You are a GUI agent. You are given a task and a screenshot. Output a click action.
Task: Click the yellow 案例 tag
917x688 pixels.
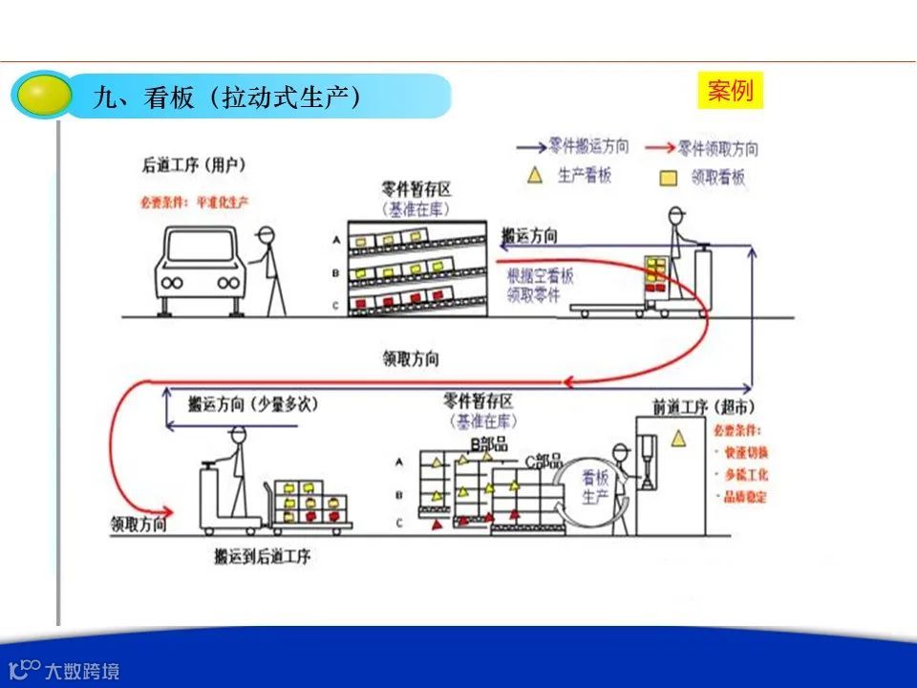coord(731,91)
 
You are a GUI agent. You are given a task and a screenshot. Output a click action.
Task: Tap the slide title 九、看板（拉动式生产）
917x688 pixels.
coord(226,97)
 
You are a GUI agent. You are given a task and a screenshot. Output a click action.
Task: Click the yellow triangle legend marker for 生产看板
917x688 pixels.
coord(536,175)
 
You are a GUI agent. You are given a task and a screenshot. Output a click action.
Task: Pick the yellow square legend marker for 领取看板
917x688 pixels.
coord(670,177)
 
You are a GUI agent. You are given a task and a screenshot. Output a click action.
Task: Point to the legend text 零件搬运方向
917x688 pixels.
coord(589,147)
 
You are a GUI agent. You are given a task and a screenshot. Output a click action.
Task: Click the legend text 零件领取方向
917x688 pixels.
coord(718,148)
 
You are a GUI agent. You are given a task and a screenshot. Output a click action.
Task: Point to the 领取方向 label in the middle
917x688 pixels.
coord(411,359)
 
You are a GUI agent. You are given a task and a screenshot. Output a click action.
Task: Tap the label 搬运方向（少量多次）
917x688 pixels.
coord(253,404)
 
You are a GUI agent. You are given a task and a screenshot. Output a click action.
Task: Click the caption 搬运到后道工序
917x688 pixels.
coord(263,555)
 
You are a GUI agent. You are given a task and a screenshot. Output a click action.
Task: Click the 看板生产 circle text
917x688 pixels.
coord(595,489)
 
